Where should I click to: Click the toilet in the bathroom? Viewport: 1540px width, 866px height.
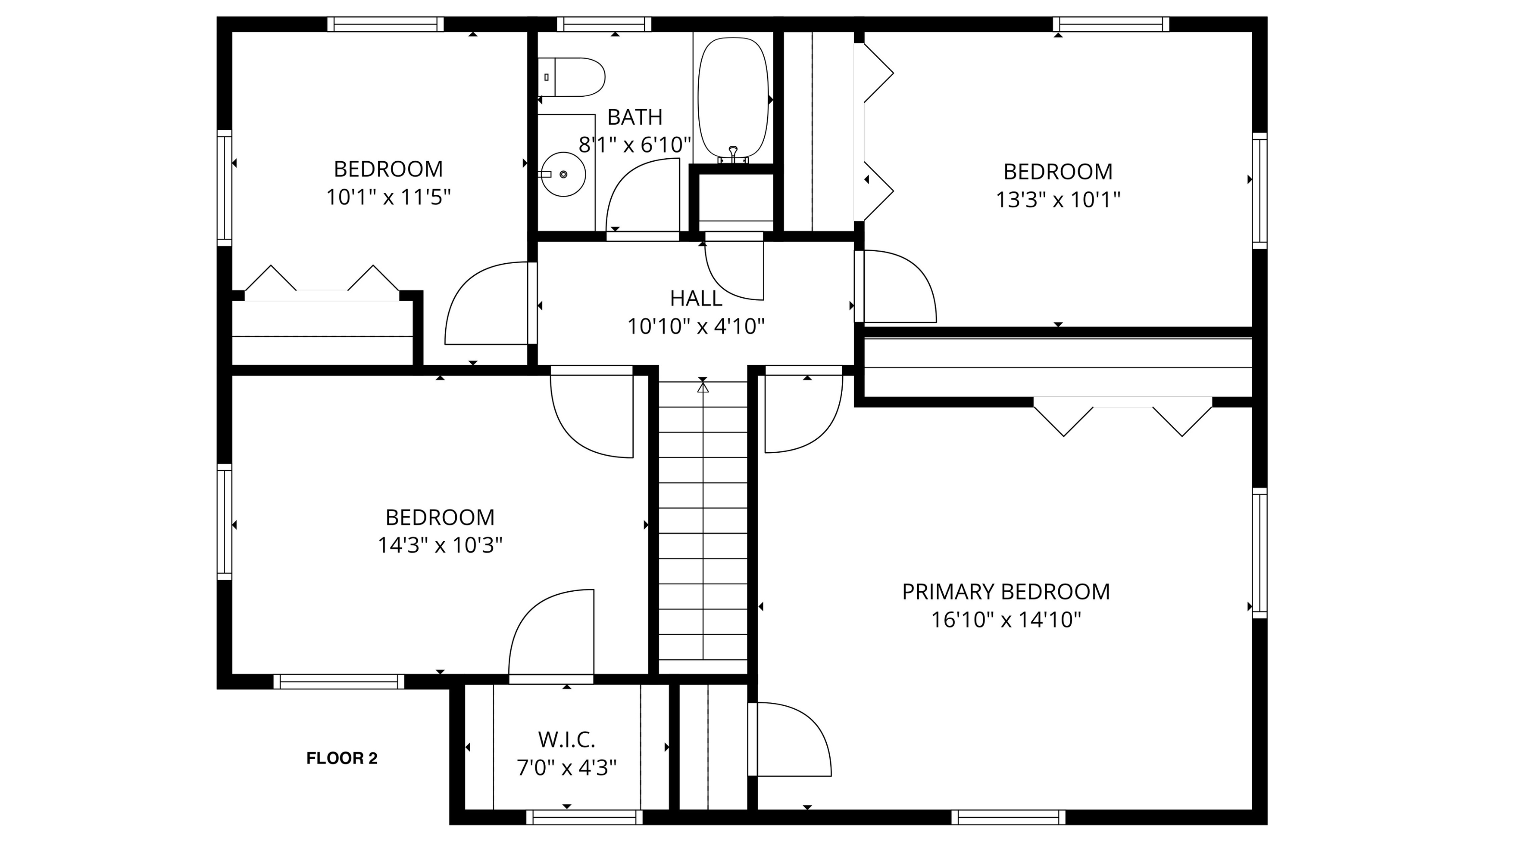(x=574, y=77)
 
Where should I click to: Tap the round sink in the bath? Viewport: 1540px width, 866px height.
(x=563, y=174)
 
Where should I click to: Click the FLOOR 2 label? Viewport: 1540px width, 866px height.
(x=342, y=758)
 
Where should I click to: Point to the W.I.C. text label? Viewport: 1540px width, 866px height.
(x=566, y=740)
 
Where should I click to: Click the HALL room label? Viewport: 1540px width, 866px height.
(x=696, y=298)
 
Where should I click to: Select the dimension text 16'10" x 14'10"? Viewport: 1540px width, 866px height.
(x=1006, y=620)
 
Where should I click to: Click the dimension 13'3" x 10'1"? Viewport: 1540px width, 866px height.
(x=1058, y=200)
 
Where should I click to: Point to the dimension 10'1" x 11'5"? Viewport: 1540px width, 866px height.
(x=388, y=197)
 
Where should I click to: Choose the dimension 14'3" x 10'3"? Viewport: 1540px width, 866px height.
(x=440, y=545)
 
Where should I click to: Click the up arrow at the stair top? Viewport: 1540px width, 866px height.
(x=703, y=388)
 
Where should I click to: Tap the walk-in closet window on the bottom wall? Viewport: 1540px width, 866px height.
(x=585, y=817)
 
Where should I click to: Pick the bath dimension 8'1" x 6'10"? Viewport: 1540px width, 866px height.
(x=635, y=145)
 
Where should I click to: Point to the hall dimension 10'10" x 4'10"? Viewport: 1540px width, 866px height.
(x=696, y=326)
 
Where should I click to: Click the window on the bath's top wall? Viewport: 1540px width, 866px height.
(x=604, y=24)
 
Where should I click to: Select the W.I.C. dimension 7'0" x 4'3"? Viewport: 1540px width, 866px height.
(x=566, y=768)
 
